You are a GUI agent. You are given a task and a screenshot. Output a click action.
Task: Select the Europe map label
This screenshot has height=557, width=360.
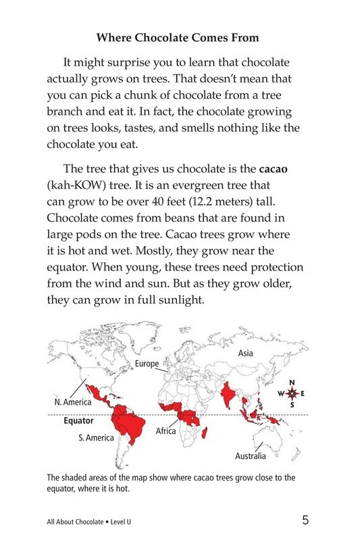147,364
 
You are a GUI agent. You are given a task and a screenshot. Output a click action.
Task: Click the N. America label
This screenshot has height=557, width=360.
72,402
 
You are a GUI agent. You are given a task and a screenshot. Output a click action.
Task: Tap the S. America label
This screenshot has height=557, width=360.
95,437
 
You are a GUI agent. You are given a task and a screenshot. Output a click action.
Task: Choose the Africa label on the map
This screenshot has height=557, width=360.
165,431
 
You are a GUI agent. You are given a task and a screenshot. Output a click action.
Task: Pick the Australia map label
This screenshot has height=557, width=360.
250,456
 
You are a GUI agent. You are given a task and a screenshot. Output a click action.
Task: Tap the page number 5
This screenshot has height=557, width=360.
305,520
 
